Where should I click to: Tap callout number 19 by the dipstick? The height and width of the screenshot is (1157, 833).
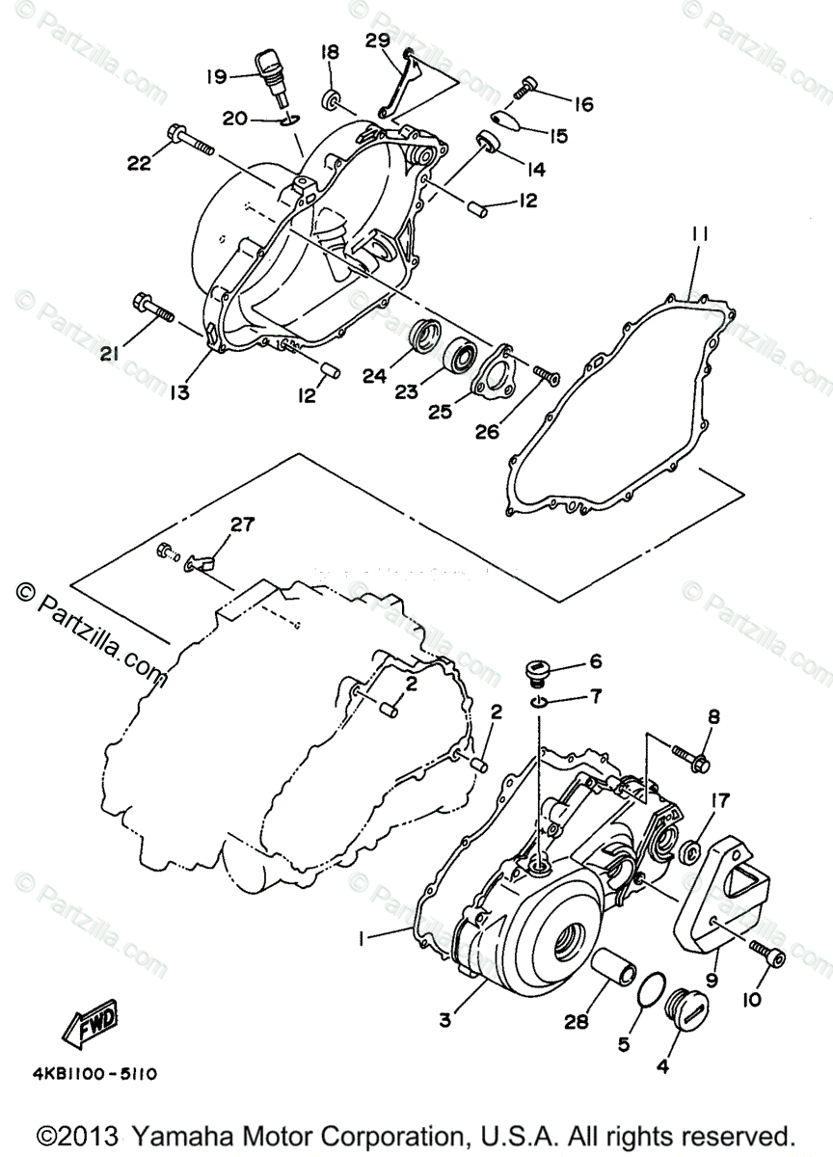tap(215, 74)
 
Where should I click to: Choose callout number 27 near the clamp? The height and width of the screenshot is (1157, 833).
tap(242, 525)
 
